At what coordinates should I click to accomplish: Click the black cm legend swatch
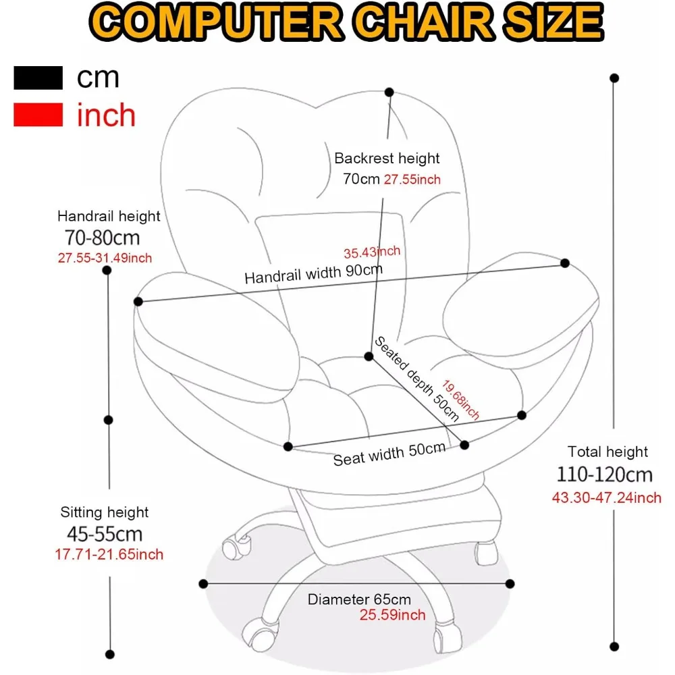coord(38,78)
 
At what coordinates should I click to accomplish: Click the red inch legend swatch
coord(38,115)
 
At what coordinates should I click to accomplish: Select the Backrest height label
coord(387,159)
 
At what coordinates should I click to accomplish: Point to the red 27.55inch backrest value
coord(412,180)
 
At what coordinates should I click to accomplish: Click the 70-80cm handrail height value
coord(103,238)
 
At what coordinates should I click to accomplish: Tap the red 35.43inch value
coord(372,252)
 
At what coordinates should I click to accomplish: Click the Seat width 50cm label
coord(389,454)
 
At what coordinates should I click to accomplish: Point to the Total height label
coord(607,452)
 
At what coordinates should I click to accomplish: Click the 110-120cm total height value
coord(605,474)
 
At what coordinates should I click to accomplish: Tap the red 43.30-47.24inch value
coord(607,498)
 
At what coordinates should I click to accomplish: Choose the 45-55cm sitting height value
coord(105,534)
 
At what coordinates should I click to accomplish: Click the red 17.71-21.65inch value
coord(109,555)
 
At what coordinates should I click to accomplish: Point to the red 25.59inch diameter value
coord(393,615)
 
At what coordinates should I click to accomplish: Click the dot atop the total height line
coord(614,78)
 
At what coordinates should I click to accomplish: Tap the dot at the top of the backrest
coord(389,91)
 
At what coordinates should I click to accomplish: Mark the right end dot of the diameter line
coord(510,584)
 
